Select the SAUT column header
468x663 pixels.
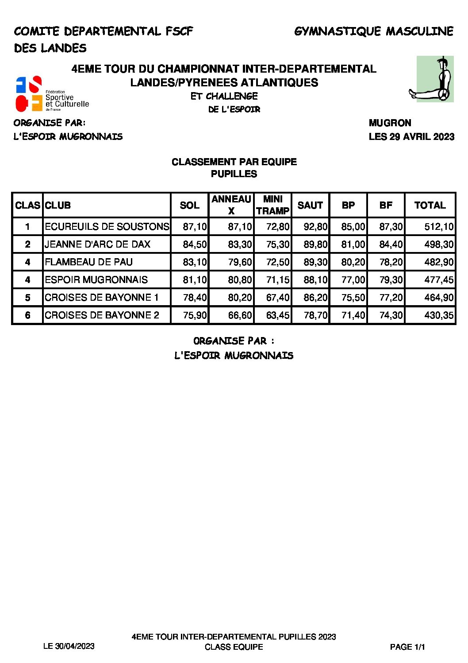coord(310,205)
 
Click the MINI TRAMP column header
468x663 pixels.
coord(272,205)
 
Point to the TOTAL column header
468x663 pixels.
coord(430,205)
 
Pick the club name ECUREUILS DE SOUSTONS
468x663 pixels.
coord(107,227)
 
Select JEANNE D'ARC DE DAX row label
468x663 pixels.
coord(97,244)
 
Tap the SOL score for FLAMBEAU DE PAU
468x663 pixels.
coord(195,262)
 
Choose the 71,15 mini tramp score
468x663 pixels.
coord(278,280)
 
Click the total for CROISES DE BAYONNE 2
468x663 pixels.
coord(439,315)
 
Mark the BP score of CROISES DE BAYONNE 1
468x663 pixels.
coord(353,298)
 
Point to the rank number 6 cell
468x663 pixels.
coord(27,315)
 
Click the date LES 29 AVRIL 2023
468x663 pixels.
coord(411,136)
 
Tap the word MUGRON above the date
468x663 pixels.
coord(390,123)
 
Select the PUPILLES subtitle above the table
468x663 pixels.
coord(234,174)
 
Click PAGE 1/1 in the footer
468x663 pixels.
coord(407,647)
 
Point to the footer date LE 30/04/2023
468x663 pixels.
coord(69,646)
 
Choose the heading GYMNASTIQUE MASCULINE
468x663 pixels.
coord(374,31)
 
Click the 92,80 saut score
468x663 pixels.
coord(315,227)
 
